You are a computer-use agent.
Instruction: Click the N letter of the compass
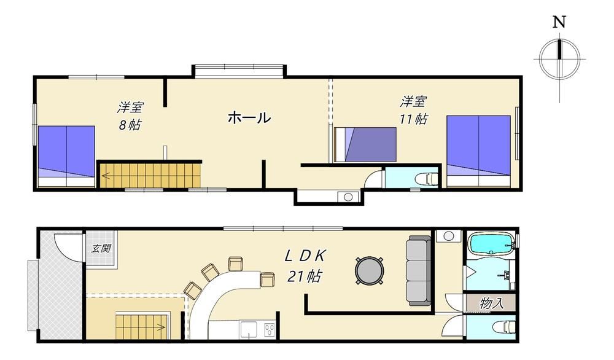point(559,22)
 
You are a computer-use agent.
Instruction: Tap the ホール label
point(249,117)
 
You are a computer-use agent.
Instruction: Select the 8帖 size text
point(130,125)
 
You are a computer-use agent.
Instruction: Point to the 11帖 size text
point(413,119)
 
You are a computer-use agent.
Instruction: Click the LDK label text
point(305,256)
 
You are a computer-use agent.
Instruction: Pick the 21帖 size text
point(305,276)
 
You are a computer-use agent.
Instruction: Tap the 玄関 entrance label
point(101,248)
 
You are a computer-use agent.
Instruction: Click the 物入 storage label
point(491,302)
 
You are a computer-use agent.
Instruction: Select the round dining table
point(369,270)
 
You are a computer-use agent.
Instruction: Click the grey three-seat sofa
point(418,271)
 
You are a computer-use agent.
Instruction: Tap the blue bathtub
point(492,244)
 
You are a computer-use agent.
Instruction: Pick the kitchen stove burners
point(270,329)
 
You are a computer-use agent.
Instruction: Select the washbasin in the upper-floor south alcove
point(348,197)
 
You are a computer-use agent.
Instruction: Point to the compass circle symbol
point(559,60)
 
